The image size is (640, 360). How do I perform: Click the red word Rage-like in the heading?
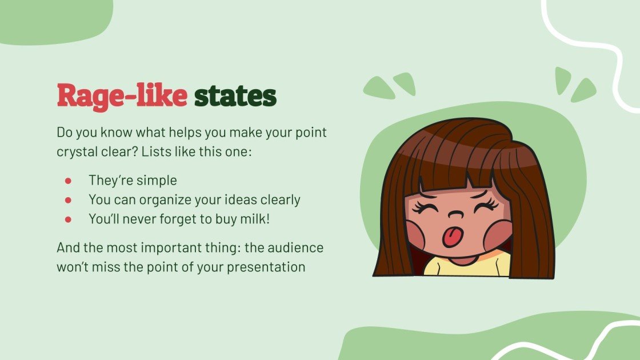pos(122,96)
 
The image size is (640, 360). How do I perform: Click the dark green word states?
pos(235,96)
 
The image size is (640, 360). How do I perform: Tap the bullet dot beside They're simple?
pos(68,181)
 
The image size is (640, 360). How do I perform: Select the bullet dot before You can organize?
pos(68,200)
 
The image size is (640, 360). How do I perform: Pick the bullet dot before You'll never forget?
pos(68,219)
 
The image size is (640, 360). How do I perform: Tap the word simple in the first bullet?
pos(157,181)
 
